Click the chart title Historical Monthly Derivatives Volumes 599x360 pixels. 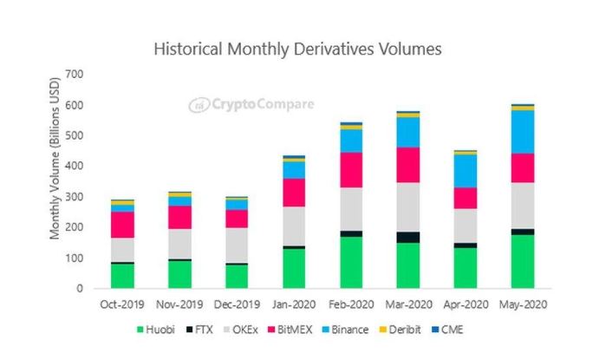[x=297, y=49]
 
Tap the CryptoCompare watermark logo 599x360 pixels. [x=251, y=105]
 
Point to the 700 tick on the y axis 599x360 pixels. [x=75, y=74]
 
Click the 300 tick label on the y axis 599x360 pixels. [x=75, y=197]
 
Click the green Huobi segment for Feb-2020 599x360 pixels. [x=352, y=261]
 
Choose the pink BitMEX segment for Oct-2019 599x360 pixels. [x=122, y=224]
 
